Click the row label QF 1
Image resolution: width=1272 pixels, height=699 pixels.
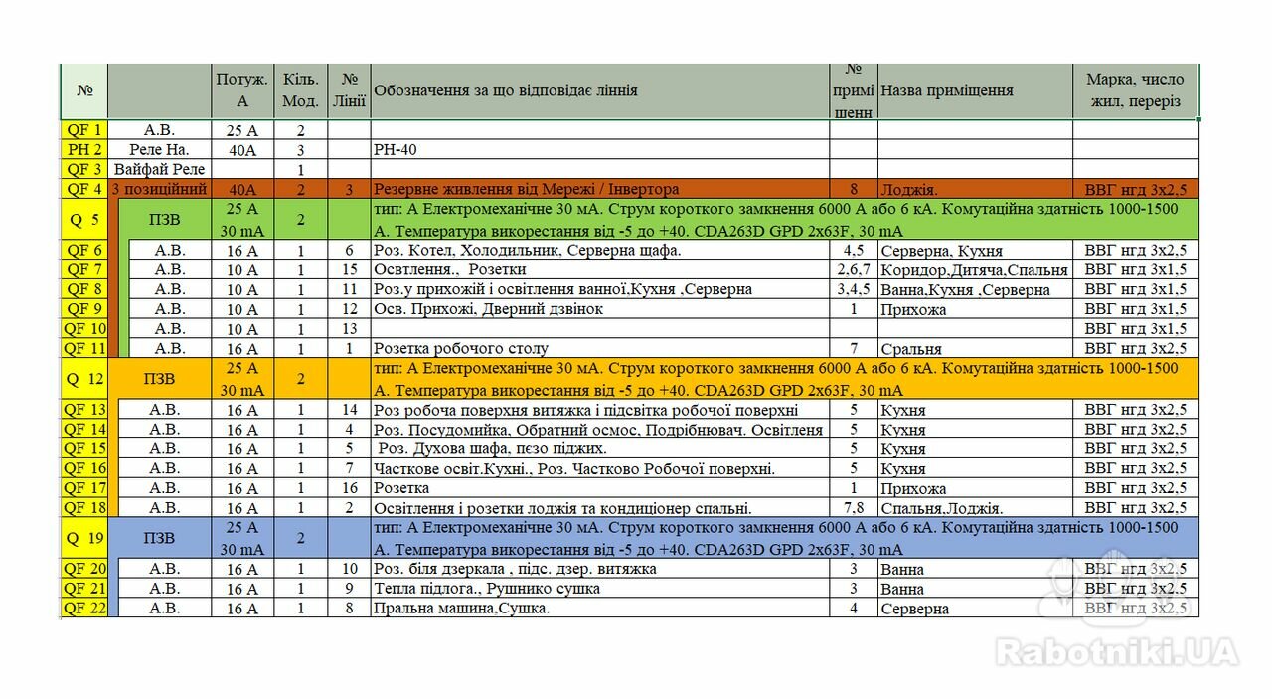click(x=84, y=129)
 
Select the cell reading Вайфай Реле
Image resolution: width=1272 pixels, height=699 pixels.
click(x=159, y=169)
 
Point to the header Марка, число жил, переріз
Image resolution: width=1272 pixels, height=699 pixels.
click(x=1135, y=90)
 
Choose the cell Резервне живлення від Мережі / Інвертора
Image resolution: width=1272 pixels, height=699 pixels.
click(x=526, y=189)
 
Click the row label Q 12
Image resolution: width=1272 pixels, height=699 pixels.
click(x=84, y=379)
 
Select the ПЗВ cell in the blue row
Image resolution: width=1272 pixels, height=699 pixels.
click(x=159, y=538)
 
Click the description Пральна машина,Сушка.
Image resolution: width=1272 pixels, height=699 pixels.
click(x=461, y=609)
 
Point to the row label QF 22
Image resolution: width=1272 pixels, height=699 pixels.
click(x=84, y=609)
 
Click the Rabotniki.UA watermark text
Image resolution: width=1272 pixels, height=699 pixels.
click(x=1117, y=652)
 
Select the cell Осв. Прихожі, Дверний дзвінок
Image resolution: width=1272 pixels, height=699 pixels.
click(x=488, y=309)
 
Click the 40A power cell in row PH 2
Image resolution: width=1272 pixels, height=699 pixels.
click(x=241, y=149)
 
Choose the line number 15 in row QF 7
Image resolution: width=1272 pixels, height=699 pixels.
click(x=349, y=269)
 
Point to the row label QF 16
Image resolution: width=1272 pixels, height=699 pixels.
click(x=84, y=468)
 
